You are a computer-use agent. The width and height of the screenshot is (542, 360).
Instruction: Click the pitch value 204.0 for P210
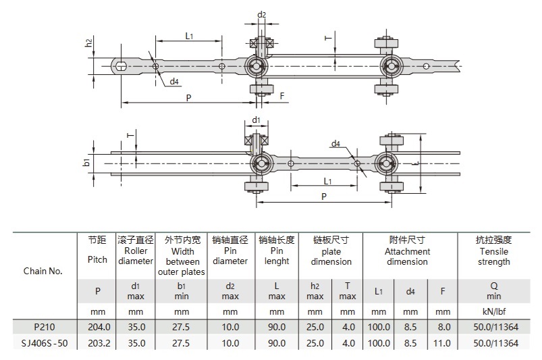97,327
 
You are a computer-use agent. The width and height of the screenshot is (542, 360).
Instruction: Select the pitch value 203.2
97,343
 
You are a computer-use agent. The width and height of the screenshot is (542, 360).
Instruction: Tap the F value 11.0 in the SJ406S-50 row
443,343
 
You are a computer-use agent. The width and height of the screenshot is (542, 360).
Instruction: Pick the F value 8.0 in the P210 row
443,327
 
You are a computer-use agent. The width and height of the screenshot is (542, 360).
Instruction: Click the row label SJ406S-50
43,343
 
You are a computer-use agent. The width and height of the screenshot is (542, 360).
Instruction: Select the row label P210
43,327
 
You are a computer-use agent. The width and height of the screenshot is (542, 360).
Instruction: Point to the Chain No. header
43,271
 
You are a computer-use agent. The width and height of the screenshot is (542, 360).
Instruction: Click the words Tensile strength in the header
494,257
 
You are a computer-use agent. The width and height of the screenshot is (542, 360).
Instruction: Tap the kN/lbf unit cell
494,311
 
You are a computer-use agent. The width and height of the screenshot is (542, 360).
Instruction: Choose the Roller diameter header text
136,256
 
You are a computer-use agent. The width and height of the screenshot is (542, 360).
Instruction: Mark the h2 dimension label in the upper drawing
88,43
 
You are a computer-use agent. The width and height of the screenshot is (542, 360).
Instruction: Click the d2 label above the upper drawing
262,14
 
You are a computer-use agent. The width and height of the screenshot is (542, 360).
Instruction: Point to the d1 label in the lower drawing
256,120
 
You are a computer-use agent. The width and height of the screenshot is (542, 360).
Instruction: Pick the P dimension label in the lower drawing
325,196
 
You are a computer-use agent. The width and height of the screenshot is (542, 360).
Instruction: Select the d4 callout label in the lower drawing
335,144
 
